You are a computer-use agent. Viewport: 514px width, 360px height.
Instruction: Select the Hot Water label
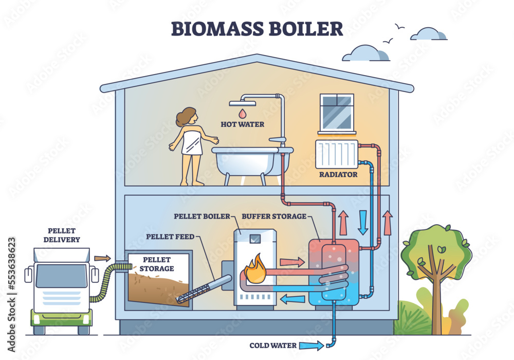click(243, 123)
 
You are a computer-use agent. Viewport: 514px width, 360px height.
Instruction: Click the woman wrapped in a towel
click(191, 144)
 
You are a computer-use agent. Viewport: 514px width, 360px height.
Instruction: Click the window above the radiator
click(337, 111)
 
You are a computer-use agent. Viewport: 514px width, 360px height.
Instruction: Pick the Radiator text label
click(337, 174)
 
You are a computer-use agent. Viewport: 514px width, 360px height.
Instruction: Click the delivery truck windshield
click(62, 276)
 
